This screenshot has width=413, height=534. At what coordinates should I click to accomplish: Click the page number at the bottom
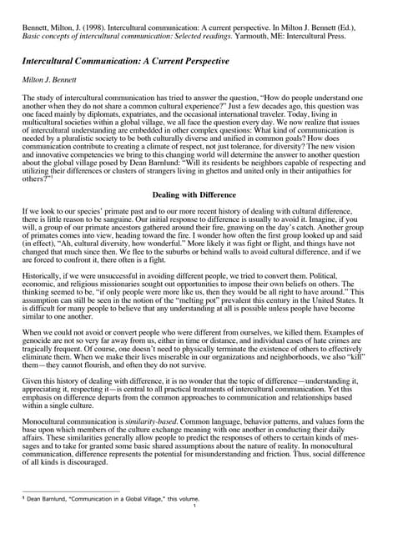194,506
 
